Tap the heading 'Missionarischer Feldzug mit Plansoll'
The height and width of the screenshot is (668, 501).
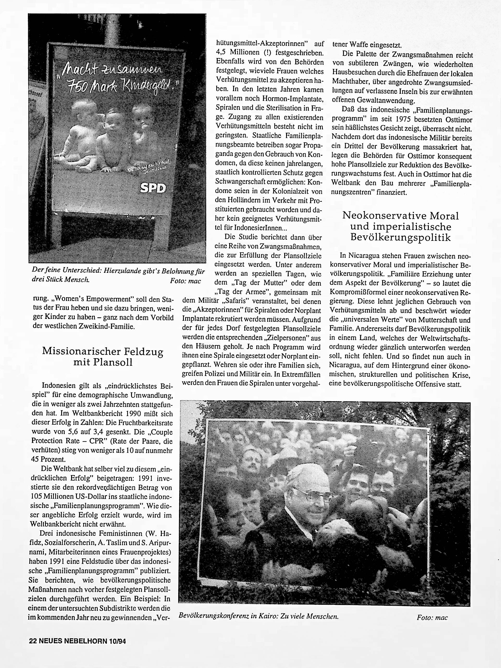coord(103,357)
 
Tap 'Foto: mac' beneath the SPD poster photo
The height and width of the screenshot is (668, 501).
coord(185,281)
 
